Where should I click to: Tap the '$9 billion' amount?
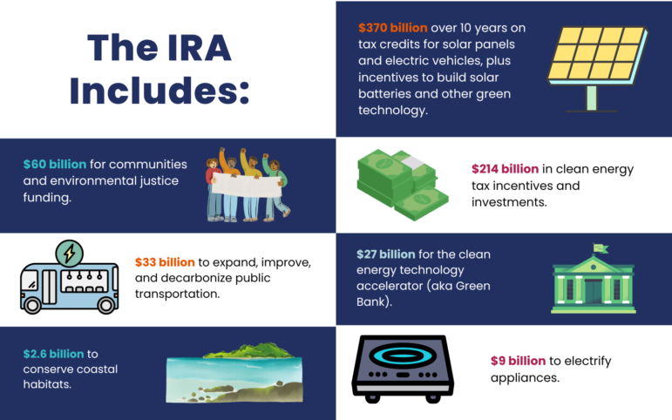pyautogui.click(x=519, y=360)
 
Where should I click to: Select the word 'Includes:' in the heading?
pyautogui.click(x=160, y=90)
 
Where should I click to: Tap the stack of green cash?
pyautogui.click(x=403, y=185)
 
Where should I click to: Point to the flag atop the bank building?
pyautogui.click(x=600, y=249)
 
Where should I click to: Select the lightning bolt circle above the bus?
pyautogui.click(x=68, y=254)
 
